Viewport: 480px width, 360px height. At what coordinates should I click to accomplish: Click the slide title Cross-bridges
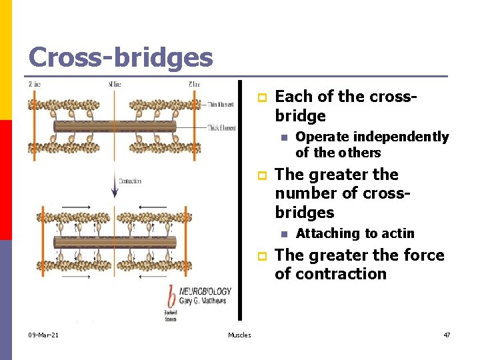click(121, 57)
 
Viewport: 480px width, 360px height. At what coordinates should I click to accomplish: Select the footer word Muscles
click(239, 335)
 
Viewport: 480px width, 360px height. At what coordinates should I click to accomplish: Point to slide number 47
click(446, 335)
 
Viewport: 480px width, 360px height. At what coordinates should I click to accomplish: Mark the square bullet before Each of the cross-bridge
click(262, 97)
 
